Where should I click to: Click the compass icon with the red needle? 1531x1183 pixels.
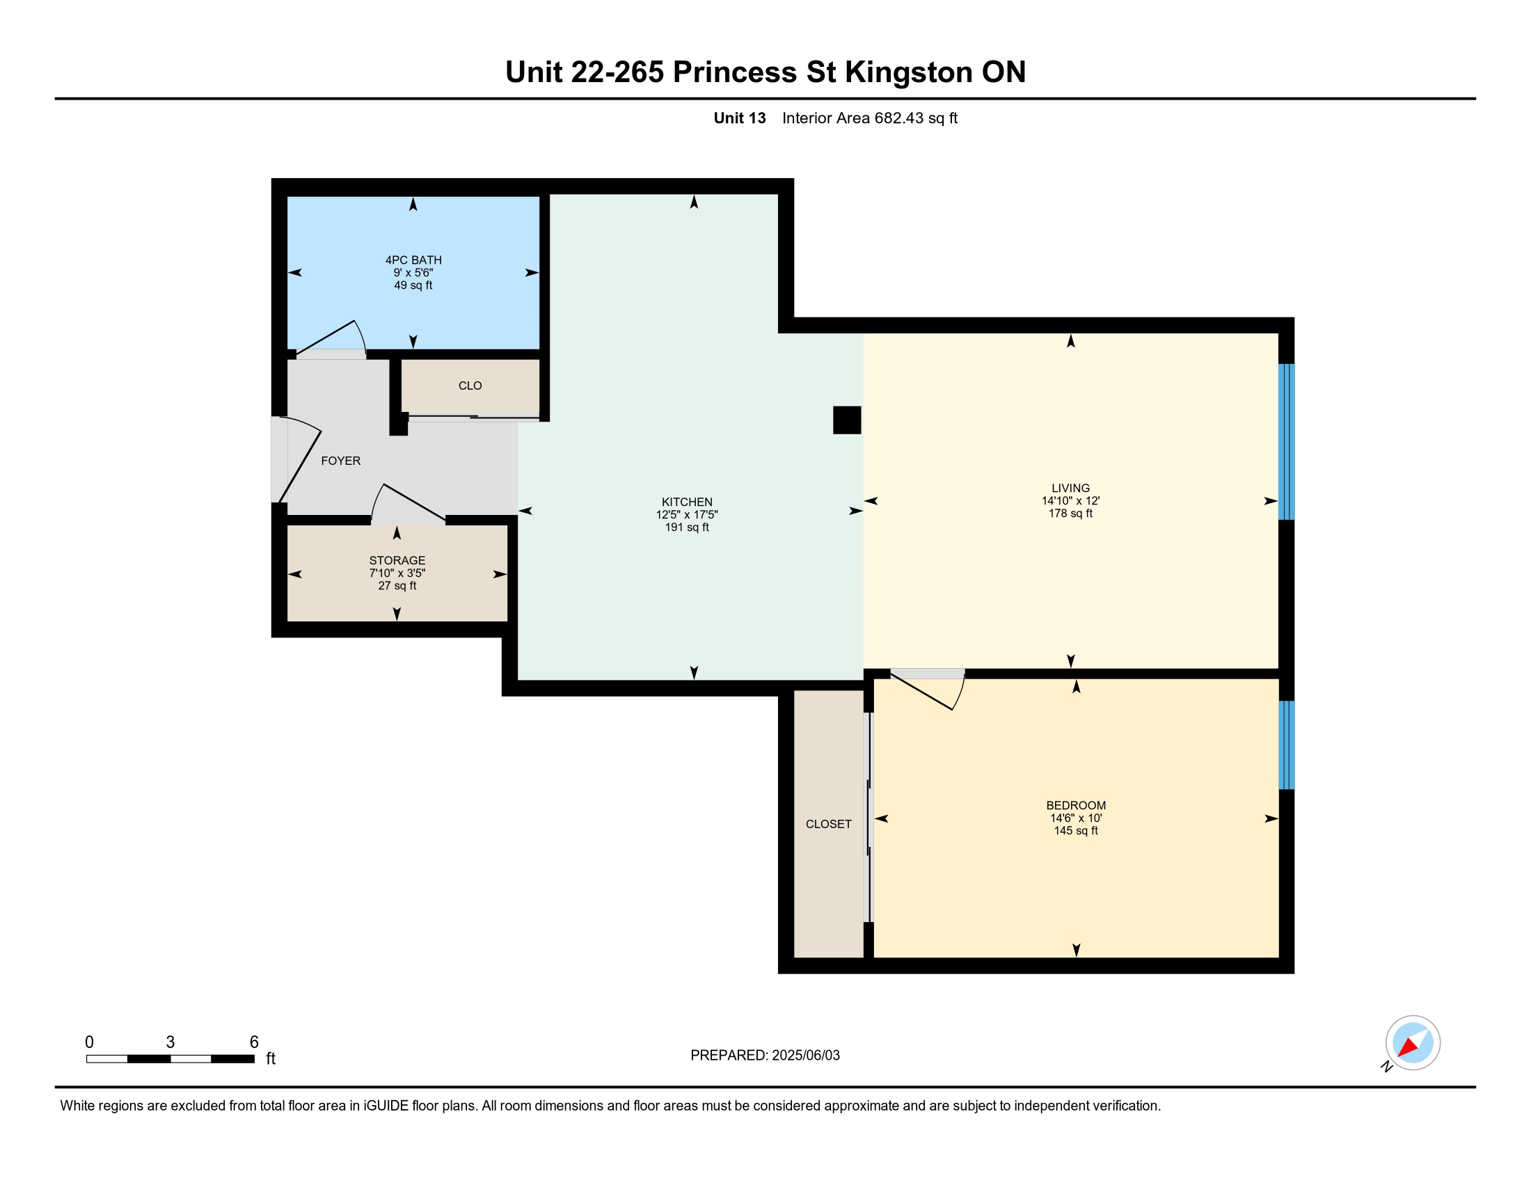click(x=1412, y=1043)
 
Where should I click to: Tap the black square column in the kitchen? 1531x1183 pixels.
click(x=847, y=420)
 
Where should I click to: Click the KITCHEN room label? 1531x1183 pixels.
click(x=687, y=502)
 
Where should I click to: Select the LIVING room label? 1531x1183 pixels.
click(x=1070, y=488)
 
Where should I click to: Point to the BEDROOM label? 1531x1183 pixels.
click(x=1076, y=805)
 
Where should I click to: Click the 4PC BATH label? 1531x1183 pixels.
click(x=413, y=260)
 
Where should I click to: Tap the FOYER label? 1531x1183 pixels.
click(x=341, y=461)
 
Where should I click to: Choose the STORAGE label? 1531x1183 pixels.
click(x=397, y=560)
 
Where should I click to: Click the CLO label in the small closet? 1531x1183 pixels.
click(x=470, y=386)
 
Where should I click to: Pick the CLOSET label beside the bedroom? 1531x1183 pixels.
click(x=829, y=824)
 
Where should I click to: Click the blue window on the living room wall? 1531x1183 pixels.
click(x=1286, y=441)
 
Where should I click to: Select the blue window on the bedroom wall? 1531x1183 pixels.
click(x=1286, y=745)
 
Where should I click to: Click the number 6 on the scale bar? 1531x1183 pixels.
click(x=255, y=1042)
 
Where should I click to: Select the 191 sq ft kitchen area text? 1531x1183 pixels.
click(x=687, y=527)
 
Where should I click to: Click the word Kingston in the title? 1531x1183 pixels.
click(x=908, y=72)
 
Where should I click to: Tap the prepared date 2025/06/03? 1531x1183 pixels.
click(x=805, y=1056)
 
